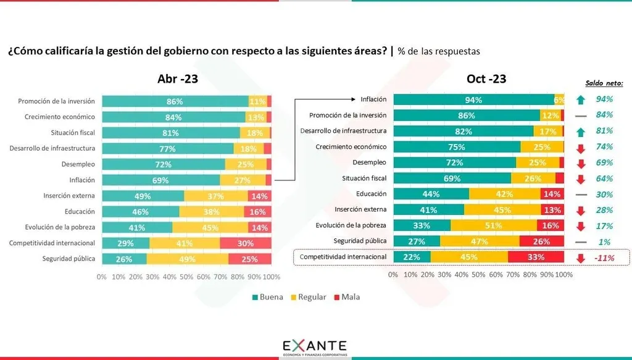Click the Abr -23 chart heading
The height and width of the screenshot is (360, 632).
(x=178, y=78)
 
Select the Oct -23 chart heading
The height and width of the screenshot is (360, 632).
(x=486, y=78)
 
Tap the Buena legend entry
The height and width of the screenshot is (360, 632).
(x=267, y=297)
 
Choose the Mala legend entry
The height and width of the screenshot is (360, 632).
(x=345, y=297)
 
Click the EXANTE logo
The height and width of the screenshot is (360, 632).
(x=315, y=346)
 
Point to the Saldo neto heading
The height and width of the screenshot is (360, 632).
(x=604, y=83)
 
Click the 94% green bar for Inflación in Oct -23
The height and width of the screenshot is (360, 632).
(x=473, y=99)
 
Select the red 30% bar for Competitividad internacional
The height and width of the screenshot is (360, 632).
(x=246, y=243)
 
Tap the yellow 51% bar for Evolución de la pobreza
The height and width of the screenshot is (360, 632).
(x=493, y=225)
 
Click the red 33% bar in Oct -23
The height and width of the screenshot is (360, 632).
(x=536, y=257)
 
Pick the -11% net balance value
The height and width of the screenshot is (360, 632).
(x=604, y=257)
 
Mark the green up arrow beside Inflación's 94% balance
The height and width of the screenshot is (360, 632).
(x=580, y=99)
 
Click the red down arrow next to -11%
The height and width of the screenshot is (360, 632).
(x=580, y=257)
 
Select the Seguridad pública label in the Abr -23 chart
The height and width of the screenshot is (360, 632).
(x=69, y=259)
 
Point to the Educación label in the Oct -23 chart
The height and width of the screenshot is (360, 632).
(x=370, y=193)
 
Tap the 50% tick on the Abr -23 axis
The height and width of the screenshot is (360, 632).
(x=186, y=277)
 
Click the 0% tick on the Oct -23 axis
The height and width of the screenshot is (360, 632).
(x=393, y=274)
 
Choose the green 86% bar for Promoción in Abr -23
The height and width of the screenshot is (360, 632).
(x=175, y=101)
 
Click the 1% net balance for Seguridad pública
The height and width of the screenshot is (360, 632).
(x=604, y=241)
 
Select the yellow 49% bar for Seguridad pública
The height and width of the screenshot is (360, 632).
(x=188, y=259)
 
